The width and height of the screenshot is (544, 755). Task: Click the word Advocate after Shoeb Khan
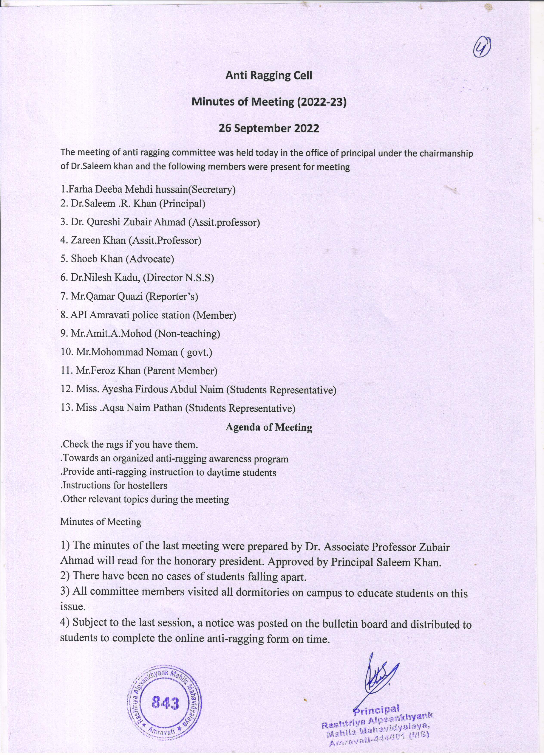pyautogui.click(x=150, y=259)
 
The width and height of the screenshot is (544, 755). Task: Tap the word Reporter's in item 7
pyautogui.click(x=172, y=296)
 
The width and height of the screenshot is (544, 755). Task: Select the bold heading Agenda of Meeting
pyautogui.click(x=269, y=427)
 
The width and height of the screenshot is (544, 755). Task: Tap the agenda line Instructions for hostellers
pyautogui.click(x=114, y=486)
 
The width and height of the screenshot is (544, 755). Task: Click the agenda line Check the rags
pyautogui.click(x=129, y=444)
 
